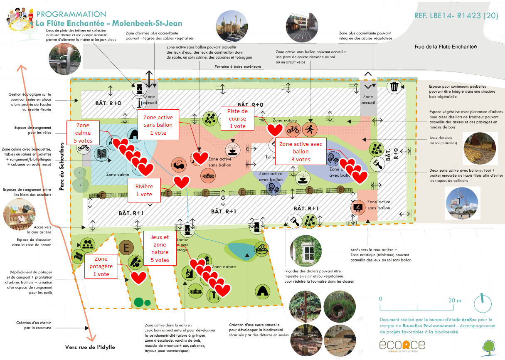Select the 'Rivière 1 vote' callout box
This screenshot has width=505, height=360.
144,190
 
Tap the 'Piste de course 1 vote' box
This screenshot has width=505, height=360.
237,118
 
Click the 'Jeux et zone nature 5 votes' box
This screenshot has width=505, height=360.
160,248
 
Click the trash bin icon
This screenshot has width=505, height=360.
394,86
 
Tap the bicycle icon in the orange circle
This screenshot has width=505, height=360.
293,129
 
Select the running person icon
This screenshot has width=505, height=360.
309,129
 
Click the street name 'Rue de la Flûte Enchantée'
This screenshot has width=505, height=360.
446,47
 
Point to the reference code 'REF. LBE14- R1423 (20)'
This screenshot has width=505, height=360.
456,16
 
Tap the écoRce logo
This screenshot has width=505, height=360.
402,345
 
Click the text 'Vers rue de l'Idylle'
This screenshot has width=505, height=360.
90,347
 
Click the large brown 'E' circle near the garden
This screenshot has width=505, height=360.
126,248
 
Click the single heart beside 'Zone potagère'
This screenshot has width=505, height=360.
138,277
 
